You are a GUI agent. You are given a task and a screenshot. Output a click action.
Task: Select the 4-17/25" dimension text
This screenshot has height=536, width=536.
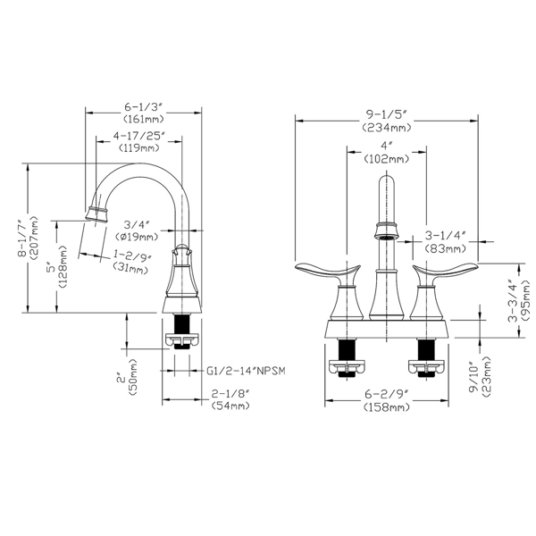click(x=139, y=137)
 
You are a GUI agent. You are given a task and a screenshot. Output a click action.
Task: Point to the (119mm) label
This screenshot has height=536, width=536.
click(x=138, y=150)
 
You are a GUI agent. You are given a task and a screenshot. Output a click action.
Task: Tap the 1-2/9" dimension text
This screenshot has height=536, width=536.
click(x=132, y=256)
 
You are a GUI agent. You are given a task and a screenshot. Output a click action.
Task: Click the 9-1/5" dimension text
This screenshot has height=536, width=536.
click(x=387, y=113)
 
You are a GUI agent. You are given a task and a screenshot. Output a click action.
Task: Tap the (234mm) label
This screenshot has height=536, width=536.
click(x=387, y=128)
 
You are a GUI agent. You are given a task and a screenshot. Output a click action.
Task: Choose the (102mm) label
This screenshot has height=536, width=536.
click(x=386, y=159)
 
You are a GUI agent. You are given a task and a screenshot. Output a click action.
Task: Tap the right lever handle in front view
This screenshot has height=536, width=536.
click(x=446, y=272)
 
